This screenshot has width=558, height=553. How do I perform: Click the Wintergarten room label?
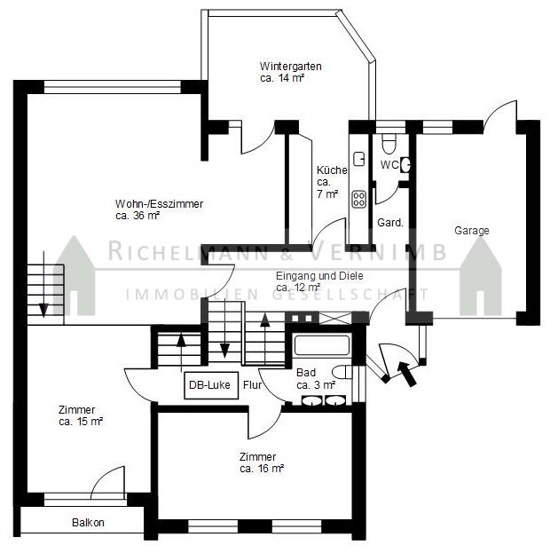click(x=290, y=67)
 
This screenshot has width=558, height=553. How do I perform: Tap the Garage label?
click(x=472, y=231)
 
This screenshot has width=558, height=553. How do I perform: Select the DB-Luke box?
click(x=211, y=385)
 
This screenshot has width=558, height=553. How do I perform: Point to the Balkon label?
click(x=88, y=523)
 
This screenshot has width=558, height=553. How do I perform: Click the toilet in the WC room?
click(x=389, y=143)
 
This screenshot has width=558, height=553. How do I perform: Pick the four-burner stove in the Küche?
click(x=358, y=200)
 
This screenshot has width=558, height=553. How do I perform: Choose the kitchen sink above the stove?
click(x=358, y=159)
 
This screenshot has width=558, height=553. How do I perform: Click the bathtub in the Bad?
click(x=322, y=344)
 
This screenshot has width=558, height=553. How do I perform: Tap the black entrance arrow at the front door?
click(x=407, y=373)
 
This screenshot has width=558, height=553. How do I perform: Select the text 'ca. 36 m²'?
click(x=138, y=216)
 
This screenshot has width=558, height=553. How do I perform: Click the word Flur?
click(x=252, y=384)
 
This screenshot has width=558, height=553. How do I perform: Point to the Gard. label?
click(x=390, y=223)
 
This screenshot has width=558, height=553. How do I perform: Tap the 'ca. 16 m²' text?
click(x=262, y=469)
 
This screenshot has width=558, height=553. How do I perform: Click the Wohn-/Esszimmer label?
click(x=159, y=204)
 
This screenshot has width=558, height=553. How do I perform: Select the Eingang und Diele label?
click(x=319, y=275)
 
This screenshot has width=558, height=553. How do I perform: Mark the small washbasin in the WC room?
click(x=405, y=165)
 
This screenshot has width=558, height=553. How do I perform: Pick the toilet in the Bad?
click(x=342, y=373)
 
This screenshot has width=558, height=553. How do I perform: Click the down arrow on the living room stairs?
click(x=43, y=284)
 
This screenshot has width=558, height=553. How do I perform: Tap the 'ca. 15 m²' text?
click(x=81, y=422)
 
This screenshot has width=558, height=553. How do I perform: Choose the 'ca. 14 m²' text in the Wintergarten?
click(x=282, y=78)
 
